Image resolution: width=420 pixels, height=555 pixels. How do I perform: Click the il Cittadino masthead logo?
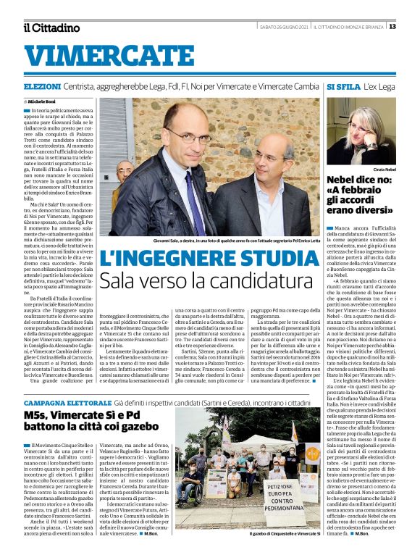click(x=51, y=28)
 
